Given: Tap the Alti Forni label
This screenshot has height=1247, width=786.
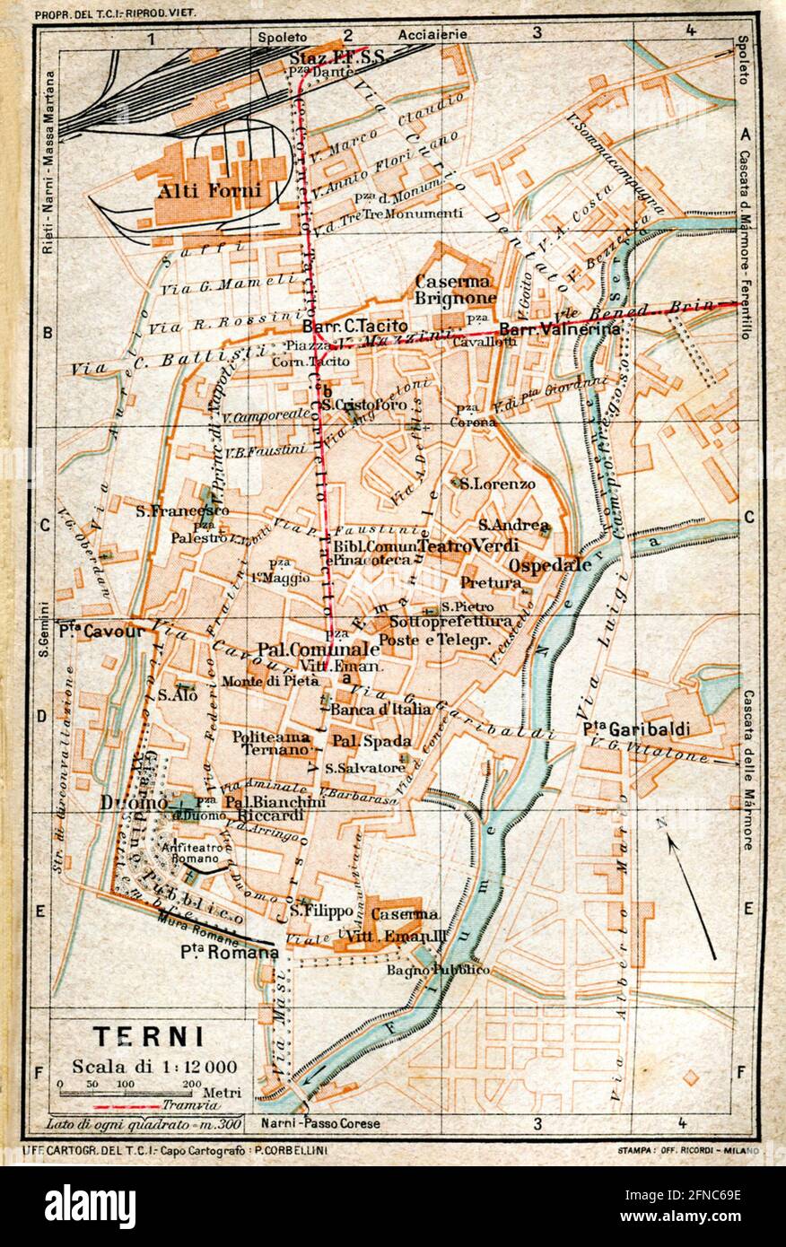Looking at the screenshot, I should click(209, 189).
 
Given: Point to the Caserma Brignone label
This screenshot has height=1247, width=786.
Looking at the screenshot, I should click(455, 289).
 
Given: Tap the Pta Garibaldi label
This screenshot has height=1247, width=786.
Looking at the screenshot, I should click(635, 728).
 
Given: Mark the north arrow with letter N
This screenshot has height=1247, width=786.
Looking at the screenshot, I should click(691, 888).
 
